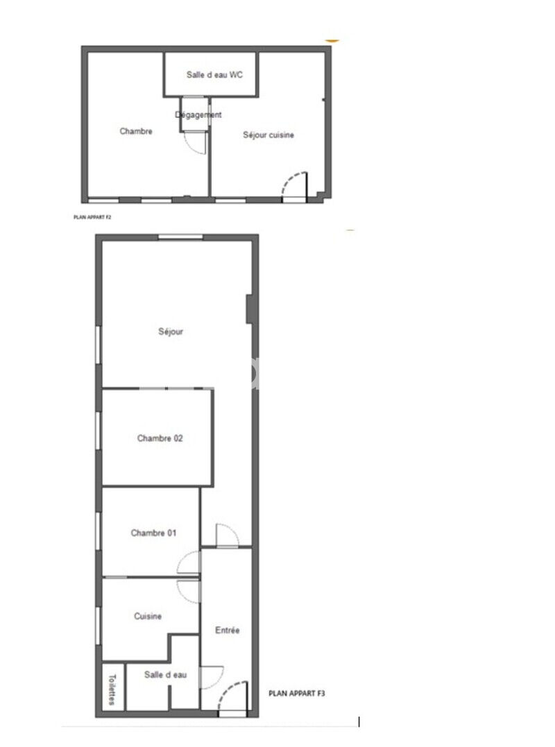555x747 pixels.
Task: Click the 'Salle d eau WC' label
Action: pyautogui.click(x=214, y=75)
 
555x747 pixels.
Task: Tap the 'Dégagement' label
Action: pyautogui.click(x=198, y=115)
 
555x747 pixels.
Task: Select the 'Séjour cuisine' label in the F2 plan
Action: pyautogui.click(x=268, y=135)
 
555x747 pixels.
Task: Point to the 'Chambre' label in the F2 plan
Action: pyautogui.click(x=136, y=131)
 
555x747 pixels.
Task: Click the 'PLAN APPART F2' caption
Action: pyautogui.click(x=92, y=217)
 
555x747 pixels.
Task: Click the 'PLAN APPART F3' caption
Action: pyautogui.click(x=297, y=694)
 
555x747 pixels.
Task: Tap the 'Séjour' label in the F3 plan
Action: pyautogui.click(x=171, y=332)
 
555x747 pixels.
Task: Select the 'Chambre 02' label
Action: pyautogui.click(x=160, y=438)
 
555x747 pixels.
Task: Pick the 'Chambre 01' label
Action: pyautogui.click(x=153, y=533)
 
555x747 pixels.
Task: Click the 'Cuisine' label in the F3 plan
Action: pyautogui.click(x=148, y=617)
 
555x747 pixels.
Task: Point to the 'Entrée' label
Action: pyautogui.click(x=228, y=630)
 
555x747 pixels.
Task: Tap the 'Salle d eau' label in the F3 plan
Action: pyautogui.click(x=165, y=675)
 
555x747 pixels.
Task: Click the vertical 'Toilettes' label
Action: pyautogui.click(x=112, y=689)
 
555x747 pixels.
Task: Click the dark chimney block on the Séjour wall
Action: pyautogui.click(x=250, y=309)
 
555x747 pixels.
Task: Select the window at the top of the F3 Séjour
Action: pyautogui.click(x=180, y=237)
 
